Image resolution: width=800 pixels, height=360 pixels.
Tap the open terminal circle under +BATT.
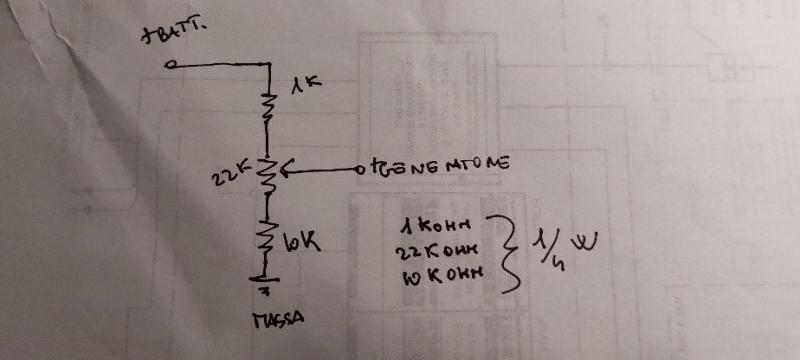coord(171,66)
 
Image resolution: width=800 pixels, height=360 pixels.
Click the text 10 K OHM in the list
coord(441,272)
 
